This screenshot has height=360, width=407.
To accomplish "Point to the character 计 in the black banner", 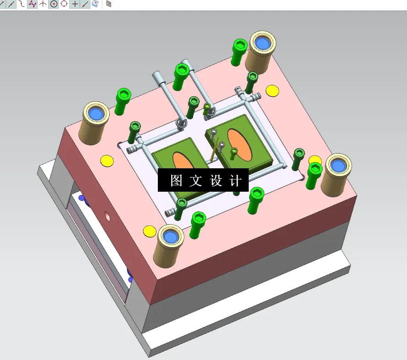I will click(x=235, y=181).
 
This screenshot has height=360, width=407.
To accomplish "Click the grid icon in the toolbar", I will click(x=109, y=4).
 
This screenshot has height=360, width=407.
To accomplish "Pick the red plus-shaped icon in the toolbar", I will click(x=75, y=4).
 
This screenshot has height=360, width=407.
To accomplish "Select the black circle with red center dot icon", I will click(x=54, y=4).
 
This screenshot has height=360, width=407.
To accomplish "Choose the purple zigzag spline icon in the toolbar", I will click(x=32, y=4).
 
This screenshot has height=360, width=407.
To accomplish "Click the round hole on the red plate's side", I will click(x=107, y=214).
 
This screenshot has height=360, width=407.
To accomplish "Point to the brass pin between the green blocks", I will click(x=214, y=150).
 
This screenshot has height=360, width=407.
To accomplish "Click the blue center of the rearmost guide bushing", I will click(x=262, y=44).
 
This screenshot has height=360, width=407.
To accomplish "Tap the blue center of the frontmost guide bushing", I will click(x=171, y=237).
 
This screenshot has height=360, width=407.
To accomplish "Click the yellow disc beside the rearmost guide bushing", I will click(x=273, y=91).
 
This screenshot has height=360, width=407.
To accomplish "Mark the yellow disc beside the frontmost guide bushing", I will click(x=149, y=231).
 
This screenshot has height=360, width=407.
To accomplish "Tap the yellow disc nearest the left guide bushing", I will click(x=107, y=161).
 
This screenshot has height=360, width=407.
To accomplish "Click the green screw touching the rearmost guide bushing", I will click(x=239, y=51).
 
